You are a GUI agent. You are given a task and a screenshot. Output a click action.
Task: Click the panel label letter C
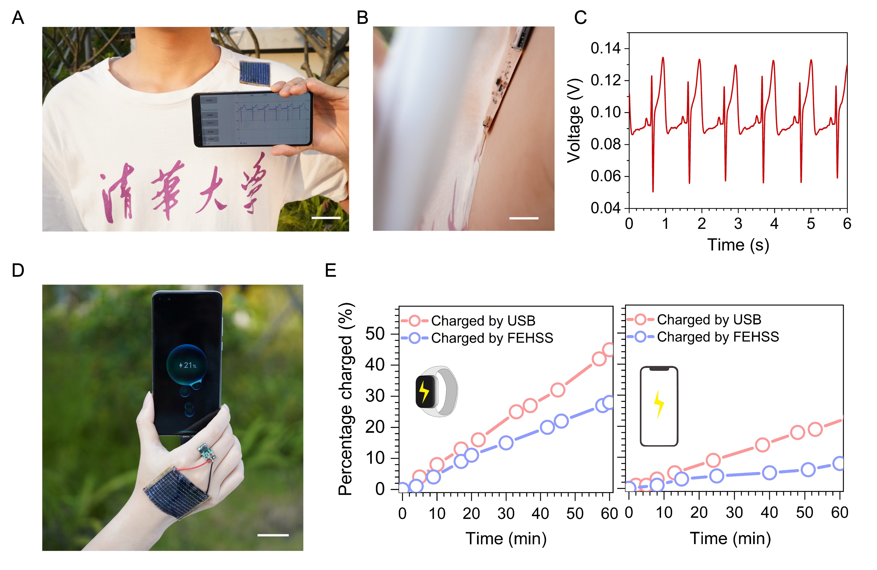[x=580, y=17]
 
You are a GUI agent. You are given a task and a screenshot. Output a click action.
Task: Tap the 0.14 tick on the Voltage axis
[x=605, y=48]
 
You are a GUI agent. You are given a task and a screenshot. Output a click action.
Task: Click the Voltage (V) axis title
[x=574, y=120]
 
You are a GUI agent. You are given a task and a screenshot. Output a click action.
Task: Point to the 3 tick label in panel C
[x=738, y=224]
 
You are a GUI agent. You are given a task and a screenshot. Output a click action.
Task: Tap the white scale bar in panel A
[x=326, y=218]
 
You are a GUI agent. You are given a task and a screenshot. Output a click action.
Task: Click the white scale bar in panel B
[x=524, y=218]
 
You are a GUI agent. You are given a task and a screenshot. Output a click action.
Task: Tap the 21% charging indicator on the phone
[x=188, y=365]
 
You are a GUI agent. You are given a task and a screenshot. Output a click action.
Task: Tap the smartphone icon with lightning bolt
[x=659, y=406]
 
